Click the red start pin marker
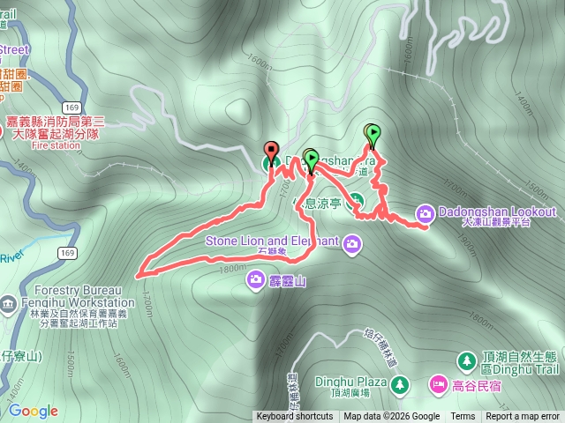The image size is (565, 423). [x=271, y=150]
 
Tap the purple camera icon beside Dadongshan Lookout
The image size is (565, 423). [x=425, y=213]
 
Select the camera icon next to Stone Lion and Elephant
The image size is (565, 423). [x=353, y=242]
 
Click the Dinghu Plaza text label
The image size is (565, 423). [x=359, y=382]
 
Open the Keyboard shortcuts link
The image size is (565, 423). [x=295, y=417]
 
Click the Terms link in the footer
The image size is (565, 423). [x=463, y=417]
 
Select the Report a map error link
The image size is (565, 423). [x=523, y=417]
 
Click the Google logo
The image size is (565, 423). [x=33, y=411]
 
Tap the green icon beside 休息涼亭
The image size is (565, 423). [x=357, y=199]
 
